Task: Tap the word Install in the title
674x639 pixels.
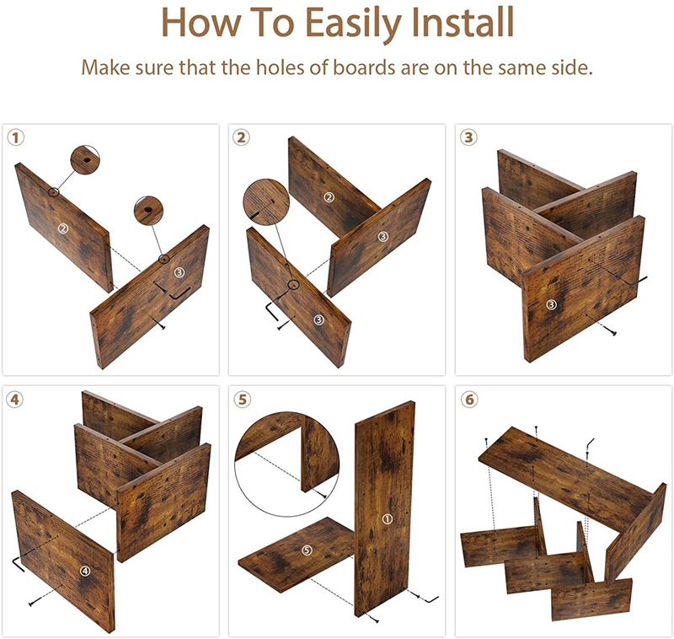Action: tap(463, 22)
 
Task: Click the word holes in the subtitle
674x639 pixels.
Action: tap(281, 67)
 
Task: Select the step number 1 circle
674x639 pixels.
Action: tap(16, 138)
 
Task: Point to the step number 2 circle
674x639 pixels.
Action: tap(241, 137)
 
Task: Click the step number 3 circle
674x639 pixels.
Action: tap(468, 137)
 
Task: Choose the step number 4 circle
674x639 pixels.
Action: tap(14, 400)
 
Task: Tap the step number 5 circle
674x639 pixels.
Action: tap(242, 400)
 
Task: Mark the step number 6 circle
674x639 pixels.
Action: tap(469, 400)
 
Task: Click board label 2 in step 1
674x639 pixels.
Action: tap(63, 228)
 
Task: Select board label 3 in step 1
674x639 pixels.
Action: tap(179, 271)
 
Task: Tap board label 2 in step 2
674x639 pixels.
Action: tap(329, 197)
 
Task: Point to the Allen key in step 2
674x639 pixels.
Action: tap(271, 312)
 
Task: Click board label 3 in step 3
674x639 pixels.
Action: tap(552, 305)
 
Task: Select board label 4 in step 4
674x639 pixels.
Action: tap(85, 571)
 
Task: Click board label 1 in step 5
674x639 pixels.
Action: tap(388, 519)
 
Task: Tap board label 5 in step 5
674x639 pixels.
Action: tap(307, 550)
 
